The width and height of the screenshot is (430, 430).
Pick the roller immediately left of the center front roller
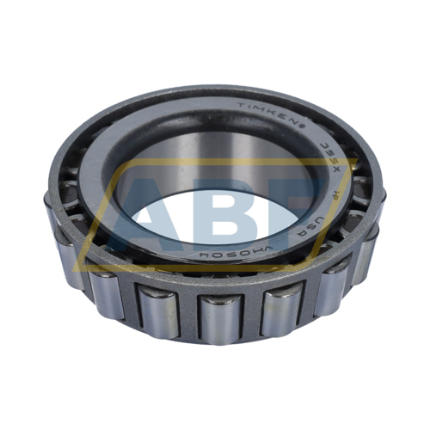pyautogui.click(x=157, y=311)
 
